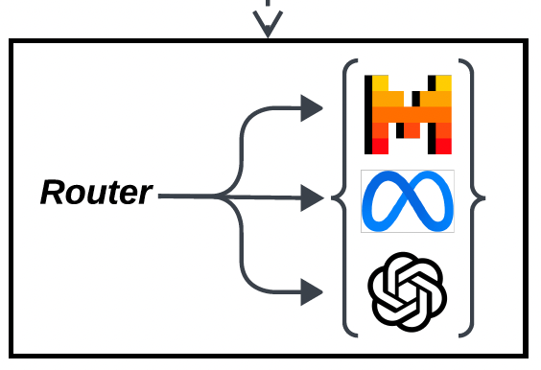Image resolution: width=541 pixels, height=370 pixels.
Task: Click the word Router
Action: tap(96, 194)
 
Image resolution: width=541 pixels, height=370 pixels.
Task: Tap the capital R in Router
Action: tap(51, 194)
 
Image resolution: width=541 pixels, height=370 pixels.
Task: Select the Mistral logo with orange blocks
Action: tap(407, 113)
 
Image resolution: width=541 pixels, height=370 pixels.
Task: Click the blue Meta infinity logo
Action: tap(407, 201)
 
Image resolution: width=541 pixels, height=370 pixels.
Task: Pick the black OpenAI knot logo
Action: tap(408, 291)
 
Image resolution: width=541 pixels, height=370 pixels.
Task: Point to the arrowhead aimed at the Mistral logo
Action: tap(311, 108)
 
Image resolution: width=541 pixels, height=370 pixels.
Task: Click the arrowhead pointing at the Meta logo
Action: tap(311, 198)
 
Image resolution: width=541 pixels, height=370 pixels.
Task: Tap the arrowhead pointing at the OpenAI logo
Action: tap(311, 290)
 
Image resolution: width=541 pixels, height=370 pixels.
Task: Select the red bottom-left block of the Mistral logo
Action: tap(378, 145)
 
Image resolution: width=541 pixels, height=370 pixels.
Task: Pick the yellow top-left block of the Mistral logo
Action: tap(380, 83)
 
